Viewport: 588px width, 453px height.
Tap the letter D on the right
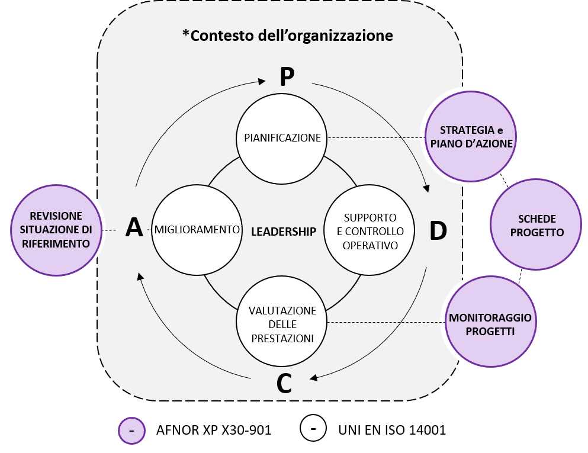(438, 232)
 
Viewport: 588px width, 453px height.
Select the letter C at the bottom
(284, 384)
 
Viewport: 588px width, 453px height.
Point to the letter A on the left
(134, 228)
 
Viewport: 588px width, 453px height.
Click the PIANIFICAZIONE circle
(282, 137)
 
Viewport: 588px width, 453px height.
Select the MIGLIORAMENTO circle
(197, 230)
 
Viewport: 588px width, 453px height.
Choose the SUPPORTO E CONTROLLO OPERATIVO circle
(370, 231)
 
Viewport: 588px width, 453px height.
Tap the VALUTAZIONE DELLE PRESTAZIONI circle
(282, 323)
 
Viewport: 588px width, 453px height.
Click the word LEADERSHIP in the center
(284, 232)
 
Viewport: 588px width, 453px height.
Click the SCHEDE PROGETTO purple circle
(536, 225)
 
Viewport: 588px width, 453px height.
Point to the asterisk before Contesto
(186, 33)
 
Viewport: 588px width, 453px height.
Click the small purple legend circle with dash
(131, 429)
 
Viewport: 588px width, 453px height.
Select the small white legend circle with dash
(313, 428)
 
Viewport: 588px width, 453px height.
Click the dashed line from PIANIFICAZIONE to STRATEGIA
(377, 137)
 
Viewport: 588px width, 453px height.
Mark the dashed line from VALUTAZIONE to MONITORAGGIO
(385, 323)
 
